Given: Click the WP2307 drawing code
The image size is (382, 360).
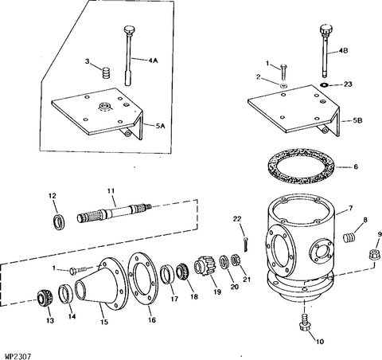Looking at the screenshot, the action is (18, 356).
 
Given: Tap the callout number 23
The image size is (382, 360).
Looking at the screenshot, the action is (348, 84).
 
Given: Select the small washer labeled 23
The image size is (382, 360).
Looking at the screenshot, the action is (324, 84).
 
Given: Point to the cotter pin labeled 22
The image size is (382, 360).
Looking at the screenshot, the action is (246, 244).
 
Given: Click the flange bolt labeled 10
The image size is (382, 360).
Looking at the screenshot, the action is (304, 323).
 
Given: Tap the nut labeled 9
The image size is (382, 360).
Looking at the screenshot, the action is (374, 255).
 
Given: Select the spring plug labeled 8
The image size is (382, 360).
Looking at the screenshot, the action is (349, 237).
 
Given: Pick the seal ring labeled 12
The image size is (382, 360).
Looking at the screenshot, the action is (59, 221).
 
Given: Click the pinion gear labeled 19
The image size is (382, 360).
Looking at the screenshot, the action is (204, 266).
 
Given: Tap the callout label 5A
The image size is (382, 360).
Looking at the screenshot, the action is (160, 126).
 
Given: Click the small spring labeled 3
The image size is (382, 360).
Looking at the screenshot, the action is (106, 72).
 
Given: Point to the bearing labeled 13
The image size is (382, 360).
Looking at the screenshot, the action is (44, 299).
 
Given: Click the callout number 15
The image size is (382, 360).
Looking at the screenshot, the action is (104, 322).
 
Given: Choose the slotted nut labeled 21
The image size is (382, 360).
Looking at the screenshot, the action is (236, 260).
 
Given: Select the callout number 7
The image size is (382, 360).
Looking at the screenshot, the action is (351, 209).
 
